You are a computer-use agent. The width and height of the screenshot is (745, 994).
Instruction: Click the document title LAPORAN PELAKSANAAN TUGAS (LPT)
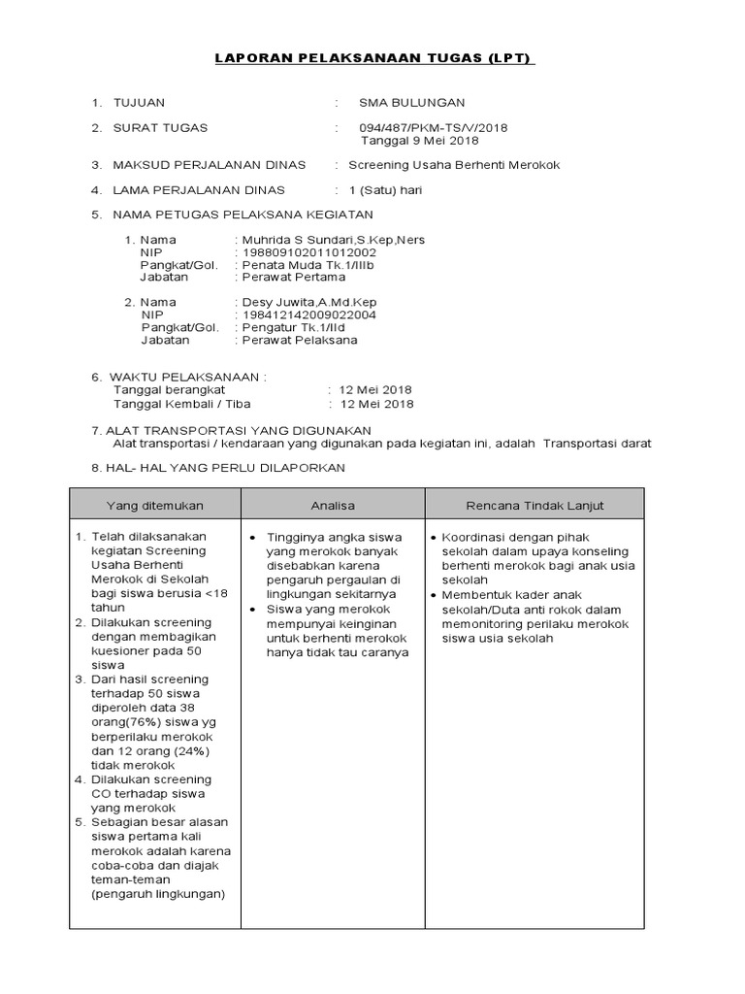pyautogui.click(x=373, y=59)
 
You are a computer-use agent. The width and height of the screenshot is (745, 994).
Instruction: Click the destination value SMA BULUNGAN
pyautogui.click(x=411, y=103)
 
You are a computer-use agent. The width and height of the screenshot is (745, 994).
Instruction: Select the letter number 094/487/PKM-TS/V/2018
pyautogui.click(x=433, y=128)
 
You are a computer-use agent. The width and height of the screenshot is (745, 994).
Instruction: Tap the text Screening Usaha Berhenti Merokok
pyautogui.click(x=454, y=165)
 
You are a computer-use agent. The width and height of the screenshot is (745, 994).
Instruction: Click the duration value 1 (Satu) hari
pyautogui.click(x=385, y=190)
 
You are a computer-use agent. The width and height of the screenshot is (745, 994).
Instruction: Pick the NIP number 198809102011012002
pyautogui.click(x=308, y=252)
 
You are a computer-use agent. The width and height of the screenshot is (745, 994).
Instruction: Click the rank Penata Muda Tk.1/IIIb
pyautogui.click(x=308, y=265)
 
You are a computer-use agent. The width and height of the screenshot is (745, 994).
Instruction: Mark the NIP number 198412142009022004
pyautogui.click(x=308, y=315)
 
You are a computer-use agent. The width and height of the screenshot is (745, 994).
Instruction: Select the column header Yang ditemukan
pyautogui.click(x=155, y=506)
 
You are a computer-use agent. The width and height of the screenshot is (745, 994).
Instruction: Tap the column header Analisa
pyautogui.click(x=333, y=506)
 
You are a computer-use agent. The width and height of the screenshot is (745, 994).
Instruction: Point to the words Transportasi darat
pyautogui.click(x=598, y=444)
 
